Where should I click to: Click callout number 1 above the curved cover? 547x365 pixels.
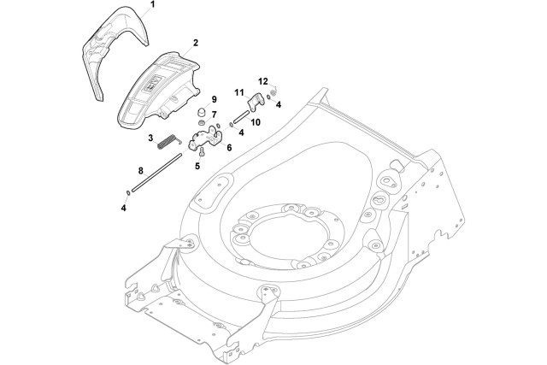pyautogui.click(x=152, y=4)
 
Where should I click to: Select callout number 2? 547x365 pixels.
pyautogui.click(x=196, y=43)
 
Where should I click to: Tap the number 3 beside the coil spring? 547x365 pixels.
pyautogui.click(x=150, y=138)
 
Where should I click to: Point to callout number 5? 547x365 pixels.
pyautogui.click(x=197, y=166)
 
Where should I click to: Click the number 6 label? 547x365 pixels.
pyautogui.click(x=229, y=148)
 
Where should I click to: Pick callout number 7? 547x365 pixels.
pyautogui.click(x=214, y=114)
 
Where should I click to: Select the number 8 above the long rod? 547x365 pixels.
pyautogui.click(x=140, y=171)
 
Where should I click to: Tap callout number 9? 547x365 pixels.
pyautogui.click(x=214, y=99)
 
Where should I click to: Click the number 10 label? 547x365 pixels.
pyautogui.click(x=256, y=122)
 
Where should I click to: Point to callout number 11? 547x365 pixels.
pyautogui.click(x=239, y=92)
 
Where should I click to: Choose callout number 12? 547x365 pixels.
pyautogui.click(x=263, y=81)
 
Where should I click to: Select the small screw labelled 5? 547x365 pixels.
pyautogui.click(x=202, y=151)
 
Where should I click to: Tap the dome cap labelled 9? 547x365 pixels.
pyautogui.click(x=202, y=112)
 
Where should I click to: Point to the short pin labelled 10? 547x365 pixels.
pyautogui.click(x=242, y=116)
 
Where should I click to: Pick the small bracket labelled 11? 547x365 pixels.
pyautogui.click(x=256, y=102)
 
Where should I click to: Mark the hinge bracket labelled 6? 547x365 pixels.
pyautogui.click(x=204, y=138)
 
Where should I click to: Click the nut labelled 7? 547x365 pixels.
pyautogui.click(x=202, y=122)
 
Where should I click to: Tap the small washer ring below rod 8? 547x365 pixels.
pyautogui.click(x=128, y=192)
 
